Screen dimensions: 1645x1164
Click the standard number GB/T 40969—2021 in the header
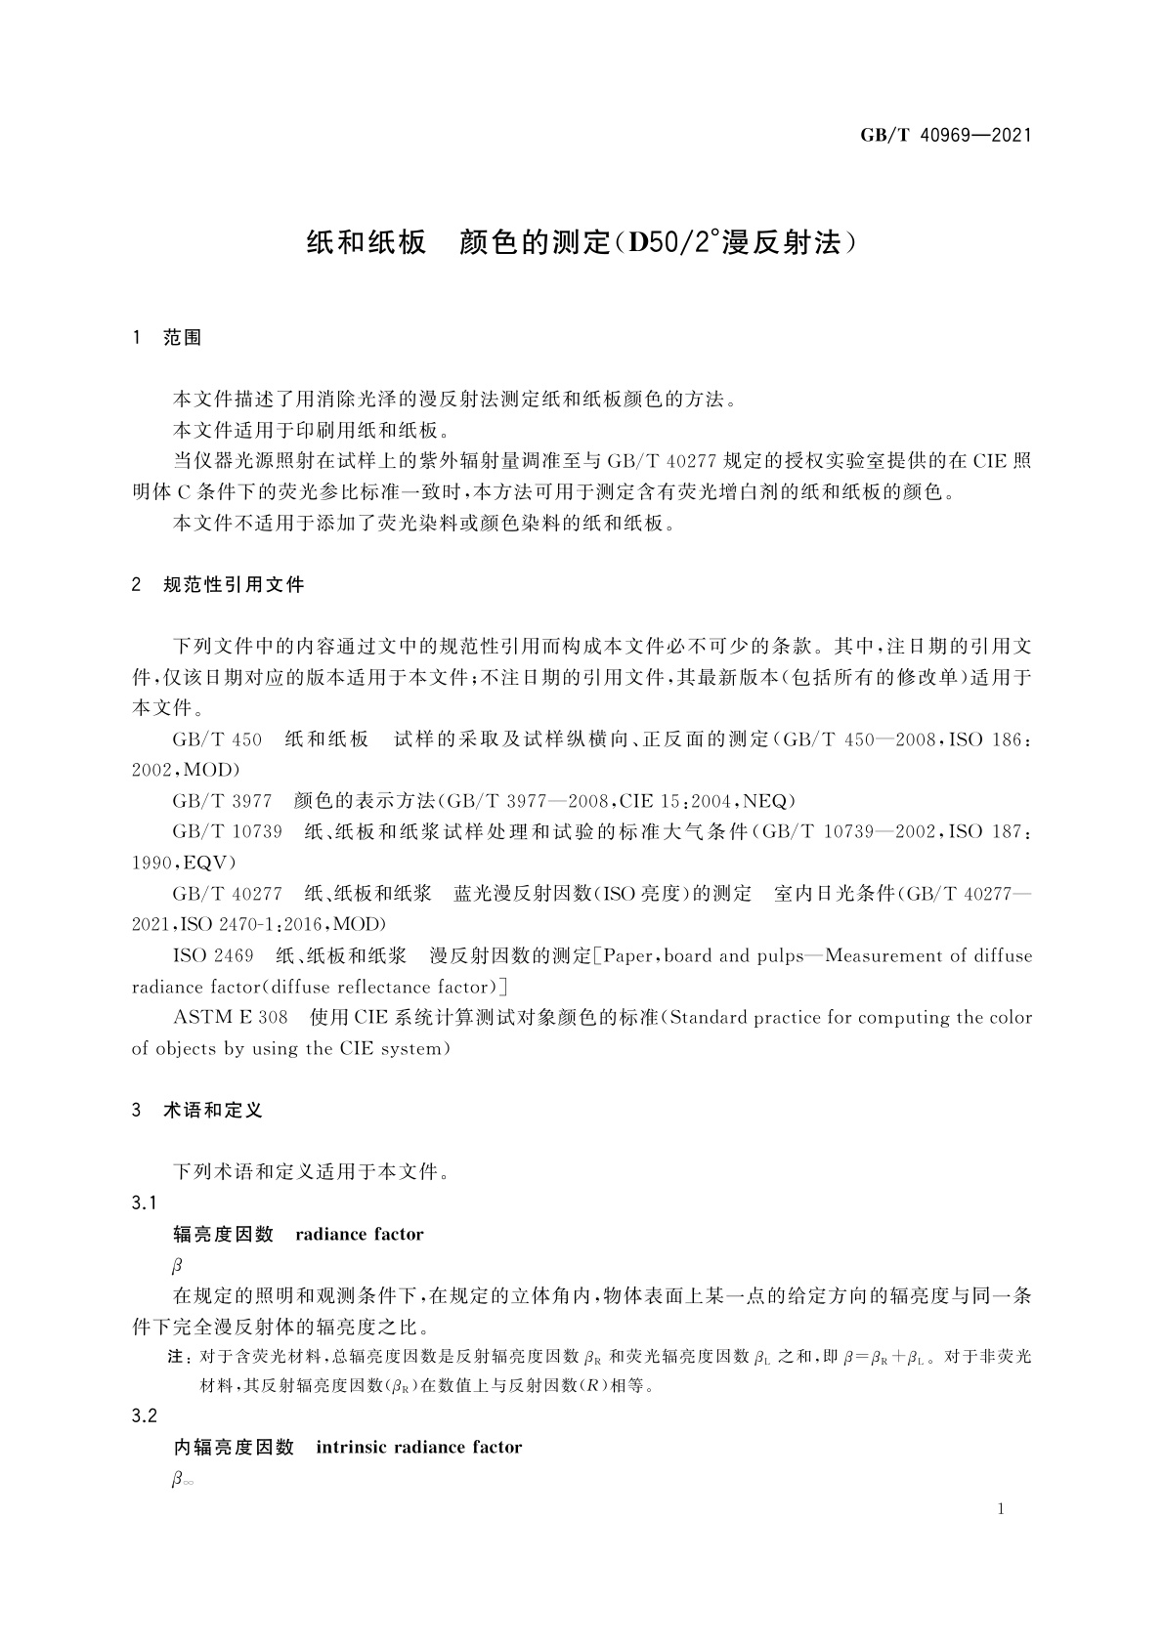945,136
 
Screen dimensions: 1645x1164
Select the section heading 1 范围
167,338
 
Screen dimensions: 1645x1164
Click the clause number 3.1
145,1202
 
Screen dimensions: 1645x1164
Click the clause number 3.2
145,1415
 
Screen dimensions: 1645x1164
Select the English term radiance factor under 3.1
359,1234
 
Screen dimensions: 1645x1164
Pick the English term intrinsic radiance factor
418,1447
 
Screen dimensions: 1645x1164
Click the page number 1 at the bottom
1001,1509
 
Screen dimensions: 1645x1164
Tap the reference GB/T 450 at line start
217,739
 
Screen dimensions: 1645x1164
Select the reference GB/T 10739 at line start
227,832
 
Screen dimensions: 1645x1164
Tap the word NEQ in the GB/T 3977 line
764,801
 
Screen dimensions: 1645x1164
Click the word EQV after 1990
204,863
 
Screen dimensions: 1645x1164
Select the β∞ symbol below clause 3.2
183,1480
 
